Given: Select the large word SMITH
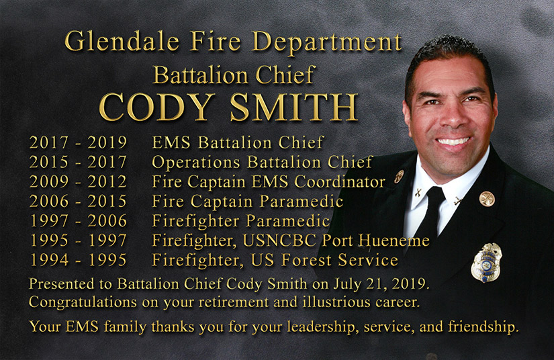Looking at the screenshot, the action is pyautogui.click(x=294, y=107).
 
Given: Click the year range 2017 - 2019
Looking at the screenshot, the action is pyautogui.click(x=78, y=142).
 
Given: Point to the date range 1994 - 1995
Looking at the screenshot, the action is pyautogui.click(x=78, y=260).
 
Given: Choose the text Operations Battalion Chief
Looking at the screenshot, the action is pyautogui.click(x=262, y=162).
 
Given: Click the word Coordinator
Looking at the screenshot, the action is pyautogui.click(x=340, y=181).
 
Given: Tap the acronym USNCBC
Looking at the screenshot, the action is pyautogui.click(x=279, y=240).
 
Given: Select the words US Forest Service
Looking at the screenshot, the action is pyautogui.click(x=324, y=260).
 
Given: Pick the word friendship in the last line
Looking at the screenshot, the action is pyautogui.click(x=483, y=327).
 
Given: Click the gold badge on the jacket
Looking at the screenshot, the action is pyautogui.click(x=486, y=263).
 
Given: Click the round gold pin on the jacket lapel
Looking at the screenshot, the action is pyautogui.click(x=487, y=199).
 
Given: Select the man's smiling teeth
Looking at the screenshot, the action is pyautogui.click(x=453, y=142).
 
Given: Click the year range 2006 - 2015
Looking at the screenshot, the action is pyautogui.click(x=78, y=201).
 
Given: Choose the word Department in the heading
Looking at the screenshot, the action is pyautogui.click(x=326, y=42).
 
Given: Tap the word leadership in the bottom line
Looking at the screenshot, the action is pyautogui.click(x=321, y=327).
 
